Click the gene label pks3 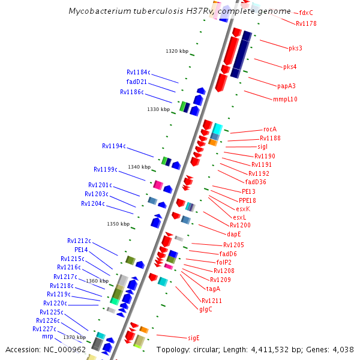295,48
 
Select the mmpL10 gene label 285,100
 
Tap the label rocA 270,130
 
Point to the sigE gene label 193,338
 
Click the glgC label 205,310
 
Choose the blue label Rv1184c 139,73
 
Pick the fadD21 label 137,82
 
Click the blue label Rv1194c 114,146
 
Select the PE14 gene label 81,250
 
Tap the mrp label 47,337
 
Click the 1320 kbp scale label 176,52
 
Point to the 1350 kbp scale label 118,224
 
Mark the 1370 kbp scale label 74,338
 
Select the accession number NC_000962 64,350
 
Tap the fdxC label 306,13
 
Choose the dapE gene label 234,234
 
